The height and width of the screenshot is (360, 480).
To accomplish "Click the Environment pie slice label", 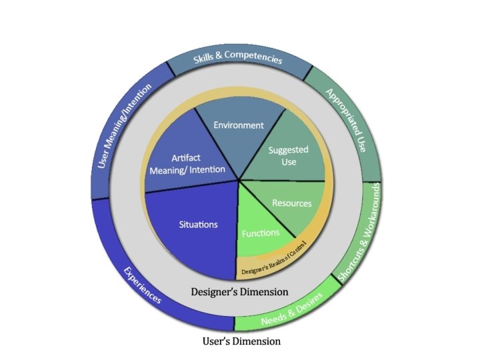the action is click(x=239, y=125).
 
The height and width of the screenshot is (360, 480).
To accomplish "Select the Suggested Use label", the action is click(x=289, y=156).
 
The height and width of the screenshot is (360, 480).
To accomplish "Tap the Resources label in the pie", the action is click(x=292, y=203).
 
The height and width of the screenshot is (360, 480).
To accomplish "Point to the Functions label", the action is click(x=261, y=233).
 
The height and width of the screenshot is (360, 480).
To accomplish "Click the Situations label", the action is click(x=199, y=225).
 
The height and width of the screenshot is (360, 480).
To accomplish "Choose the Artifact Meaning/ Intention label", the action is click(x=187, y=164).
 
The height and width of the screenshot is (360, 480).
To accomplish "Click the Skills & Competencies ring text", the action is click(x=238, y=57).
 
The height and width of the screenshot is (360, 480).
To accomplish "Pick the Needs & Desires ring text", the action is click(x=292, y=309).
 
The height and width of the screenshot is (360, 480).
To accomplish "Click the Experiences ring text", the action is click(x=143, y=285).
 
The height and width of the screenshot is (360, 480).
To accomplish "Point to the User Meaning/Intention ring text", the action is click(x=124, y=125).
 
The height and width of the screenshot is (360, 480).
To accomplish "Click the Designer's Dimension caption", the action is click(x=240, y=292).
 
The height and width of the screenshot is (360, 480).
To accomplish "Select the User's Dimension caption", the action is click(x=241, y=341).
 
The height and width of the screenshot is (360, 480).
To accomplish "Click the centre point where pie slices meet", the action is click(x=239, y=180).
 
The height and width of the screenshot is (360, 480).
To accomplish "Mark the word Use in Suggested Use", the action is click(x=289, y=161).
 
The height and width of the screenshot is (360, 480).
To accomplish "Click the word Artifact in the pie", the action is click(x=186, y=158).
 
